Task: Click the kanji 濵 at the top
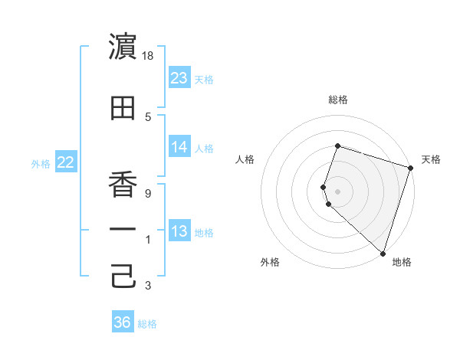[123, 47]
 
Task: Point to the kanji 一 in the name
[123, 229]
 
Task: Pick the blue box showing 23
[179, 78]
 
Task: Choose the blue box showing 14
[179, 147]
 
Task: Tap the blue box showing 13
[179, 231]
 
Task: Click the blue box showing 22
[65, 162]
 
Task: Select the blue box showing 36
[122, 322]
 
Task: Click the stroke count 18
[149, 56]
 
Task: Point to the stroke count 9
[148, 194]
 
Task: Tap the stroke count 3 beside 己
[148, 286]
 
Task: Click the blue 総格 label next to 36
[147, 324]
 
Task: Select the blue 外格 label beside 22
[40, 163]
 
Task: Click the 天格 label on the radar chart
[431, 159]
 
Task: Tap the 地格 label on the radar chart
[402, 262]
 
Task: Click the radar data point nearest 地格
[383, 253]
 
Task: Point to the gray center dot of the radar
[337, 191]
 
